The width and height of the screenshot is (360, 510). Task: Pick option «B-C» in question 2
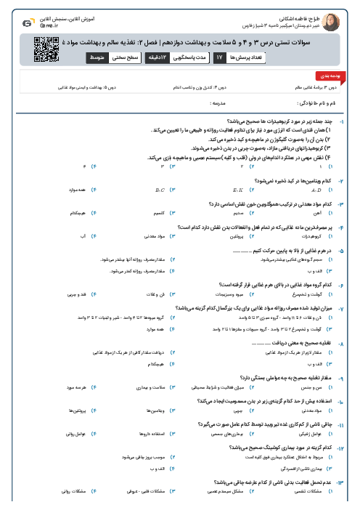tap(160, 191)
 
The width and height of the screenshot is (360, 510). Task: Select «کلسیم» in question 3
tap(161, 214)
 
